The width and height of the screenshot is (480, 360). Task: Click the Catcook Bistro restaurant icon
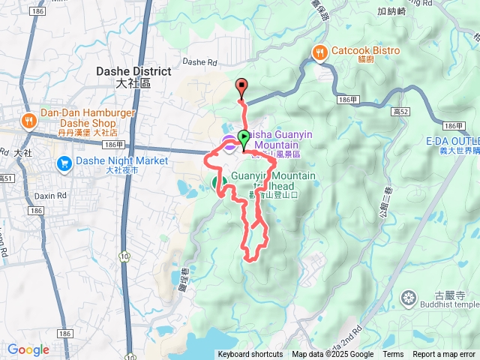click(320, 52)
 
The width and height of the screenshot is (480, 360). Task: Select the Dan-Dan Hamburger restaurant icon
click(28, 120)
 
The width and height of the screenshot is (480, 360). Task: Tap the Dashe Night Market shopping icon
click(64, 162)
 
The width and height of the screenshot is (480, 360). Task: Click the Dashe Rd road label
click(199, 62)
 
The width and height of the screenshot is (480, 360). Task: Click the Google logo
click(28, 349)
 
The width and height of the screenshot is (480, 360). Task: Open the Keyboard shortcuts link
click(250, 355)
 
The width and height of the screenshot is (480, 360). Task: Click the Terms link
click(393, 355)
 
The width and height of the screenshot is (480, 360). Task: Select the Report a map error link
click(445, 355)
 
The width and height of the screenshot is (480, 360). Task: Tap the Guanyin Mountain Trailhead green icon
click(220, 182)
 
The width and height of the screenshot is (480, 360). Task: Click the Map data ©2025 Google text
click(332, 355)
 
